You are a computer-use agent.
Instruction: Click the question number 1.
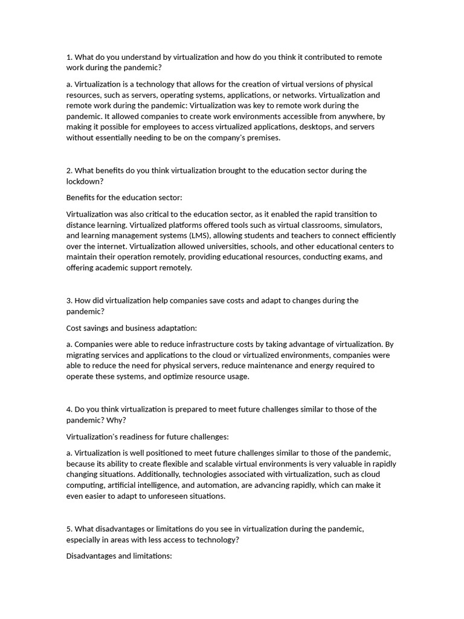68,57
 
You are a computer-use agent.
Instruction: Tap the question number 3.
68,300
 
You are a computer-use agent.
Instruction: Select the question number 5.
68,529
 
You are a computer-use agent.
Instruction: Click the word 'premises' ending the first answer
262,138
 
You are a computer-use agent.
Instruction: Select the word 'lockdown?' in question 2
83,181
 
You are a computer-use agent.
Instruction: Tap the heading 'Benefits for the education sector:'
124,198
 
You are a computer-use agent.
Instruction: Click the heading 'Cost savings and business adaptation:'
131,328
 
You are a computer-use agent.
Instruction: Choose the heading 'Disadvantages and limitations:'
119,556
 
